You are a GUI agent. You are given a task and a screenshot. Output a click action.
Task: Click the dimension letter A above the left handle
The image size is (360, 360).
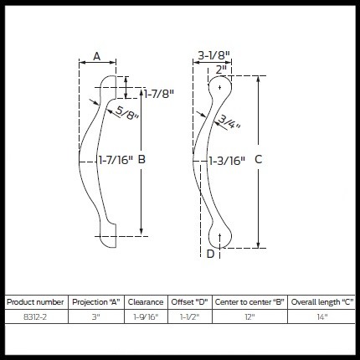[x=96, y=56]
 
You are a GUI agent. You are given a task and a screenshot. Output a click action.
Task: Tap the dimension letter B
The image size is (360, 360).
[x=141, y=158]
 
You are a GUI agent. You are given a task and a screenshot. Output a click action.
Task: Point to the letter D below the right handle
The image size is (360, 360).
[x=210, y=254]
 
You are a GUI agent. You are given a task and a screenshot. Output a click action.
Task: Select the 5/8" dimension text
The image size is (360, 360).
[x=127, y=113]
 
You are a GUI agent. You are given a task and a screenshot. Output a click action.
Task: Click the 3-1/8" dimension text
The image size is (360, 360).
[x=214, y=56]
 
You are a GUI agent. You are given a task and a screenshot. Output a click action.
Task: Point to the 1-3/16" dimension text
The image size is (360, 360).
[x=227, y=158]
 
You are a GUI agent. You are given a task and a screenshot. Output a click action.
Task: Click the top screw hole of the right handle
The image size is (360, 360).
[x=220, y=86]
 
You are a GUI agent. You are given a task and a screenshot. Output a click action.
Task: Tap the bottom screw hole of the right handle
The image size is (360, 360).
[x=219, y=236]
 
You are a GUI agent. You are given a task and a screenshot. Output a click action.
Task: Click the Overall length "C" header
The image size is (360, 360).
[x=321, y=301]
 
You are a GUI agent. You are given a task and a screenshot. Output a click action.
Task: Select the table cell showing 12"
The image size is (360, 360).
[x=249, y=316]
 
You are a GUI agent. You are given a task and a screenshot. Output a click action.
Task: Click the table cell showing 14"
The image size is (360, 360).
[x=321, y=316]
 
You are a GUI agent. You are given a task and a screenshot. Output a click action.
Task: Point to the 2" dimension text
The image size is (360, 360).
[x=221, y=69]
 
